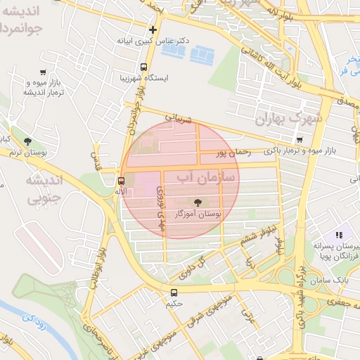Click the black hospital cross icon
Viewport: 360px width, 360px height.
tap(153, 30)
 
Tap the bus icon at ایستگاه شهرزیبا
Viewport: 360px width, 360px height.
tap(143, 67)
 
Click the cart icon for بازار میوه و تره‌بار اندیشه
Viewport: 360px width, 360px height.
tap(43, 72)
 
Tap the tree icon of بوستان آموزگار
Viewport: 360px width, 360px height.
tap(199, 202)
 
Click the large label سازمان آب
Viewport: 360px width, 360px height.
tap(207, 176)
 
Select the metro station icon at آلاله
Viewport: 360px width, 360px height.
tap(122, 180)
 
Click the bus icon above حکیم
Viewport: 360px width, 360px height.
tap(174, 292)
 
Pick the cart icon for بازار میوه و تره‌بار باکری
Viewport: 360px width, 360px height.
tap(300, 140)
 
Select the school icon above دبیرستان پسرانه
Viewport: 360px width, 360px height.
tap(338, 235)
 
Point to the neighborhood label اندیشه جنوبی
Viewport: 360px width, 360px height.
tap(44, 190)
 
